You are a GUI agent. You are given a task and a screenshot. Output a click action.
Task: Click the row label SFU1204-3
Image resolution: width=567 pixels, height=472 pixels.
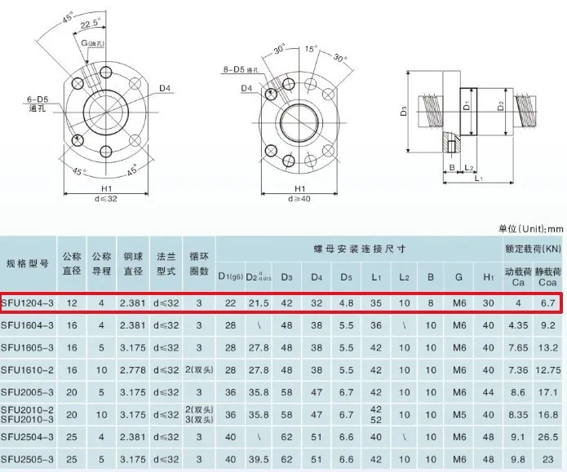[x=29, y=302]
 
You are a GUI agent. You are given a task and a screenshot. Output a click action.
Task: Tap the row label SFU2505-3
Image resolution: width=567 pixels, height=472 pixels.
[x=29, y=460]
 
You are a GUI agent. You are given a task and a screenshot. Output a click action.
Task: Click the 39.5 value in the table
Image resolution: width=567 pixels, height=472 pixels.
[x=259, y=460]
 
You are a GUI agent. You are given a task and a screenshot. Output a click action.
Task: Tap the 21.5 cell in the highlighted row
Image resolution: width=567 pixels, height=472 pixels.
[x=259, y=302]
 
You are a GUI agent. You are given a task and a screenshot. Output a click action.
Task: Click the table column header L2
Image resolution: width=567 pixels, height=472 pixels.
[x=404, y=277]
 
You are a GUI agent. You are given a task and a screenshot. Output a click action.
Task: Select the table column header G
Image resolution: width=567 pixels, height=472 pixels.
[x=459, y=277]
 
